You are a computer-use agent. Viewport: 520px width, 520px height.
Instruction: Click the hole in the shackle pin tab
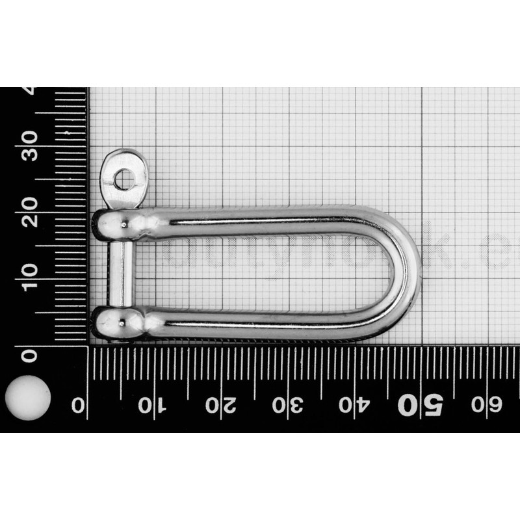click(123, 176)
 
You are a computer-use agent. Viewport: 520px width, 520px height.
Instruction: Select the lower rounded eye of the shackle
click(117, 322)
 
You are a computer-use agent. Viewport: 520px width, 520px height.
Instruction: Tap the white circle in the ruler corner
click(27, 397)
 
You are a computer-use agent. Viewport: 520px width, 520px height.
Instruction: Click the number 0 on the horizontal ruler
click(79, 405)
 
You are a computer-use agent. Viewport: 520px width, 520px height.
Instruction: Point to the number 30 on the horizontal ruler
click(287, 405)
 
